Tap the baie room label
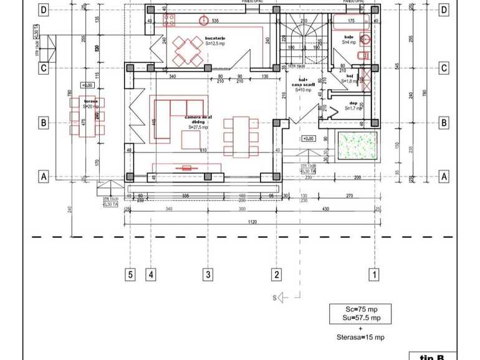pos(349,38)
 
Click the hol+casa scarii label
pos(304,83)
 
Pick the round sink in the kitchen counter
pos(203,21)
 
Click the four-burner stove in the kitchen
pos(168,21)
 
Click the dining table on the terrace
pos(87,116)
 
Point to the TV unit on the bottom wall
pos(187,167)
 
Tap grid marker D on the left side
pos(44,10)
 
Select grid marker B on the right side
pos(443,123)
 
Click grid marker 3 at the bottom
pos(208,274)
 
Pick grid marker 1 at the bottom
pos(375,274)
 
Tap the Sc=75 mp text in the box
pos(362,309)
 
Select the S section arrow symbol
pos(281,298)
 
